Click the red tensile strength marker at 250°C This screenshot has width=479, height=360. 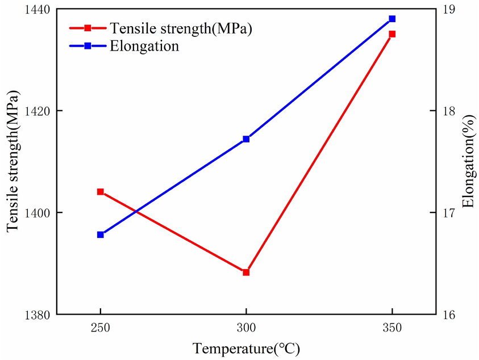[x=101, y=192]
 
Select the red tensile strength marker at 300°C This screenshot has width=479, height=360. [x=246, y=273]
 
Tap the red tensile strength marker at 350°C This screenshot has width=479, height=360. [x=392, y=34]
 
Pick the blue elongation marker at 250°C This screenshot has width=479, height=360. [x=101, y=235]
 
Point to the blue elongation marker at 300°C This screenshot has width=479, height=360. [x=246, y=139]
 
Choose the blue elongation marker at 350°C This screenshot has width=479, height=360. [x=392, y=19]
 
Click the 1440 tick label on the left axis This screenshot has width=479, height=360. [x=36, y=10]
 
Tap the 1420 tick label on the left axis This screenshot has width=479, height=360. [x=36, y=111]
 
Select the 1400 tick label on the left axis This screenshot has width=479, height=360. [x=36, y=213]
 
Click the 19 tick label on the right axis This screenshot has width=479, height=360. [x=449, y=10]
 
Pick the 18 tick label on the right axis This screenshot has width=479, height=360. [x=449, y=111]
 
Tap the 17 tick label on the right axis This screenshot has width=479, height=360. [x=449, y=213]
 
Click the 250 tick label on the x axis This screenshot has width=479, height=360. [x=101, y=328]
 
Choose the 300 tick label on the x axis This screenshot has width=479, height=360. [x=246, y=328]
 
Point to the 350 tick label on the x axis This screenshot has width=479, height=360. [x=392, y=328]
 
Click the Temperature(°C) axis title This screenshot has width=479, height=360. [x=245, y=348]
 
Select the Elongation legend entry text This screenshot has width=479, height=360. [x=145, y=47]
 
